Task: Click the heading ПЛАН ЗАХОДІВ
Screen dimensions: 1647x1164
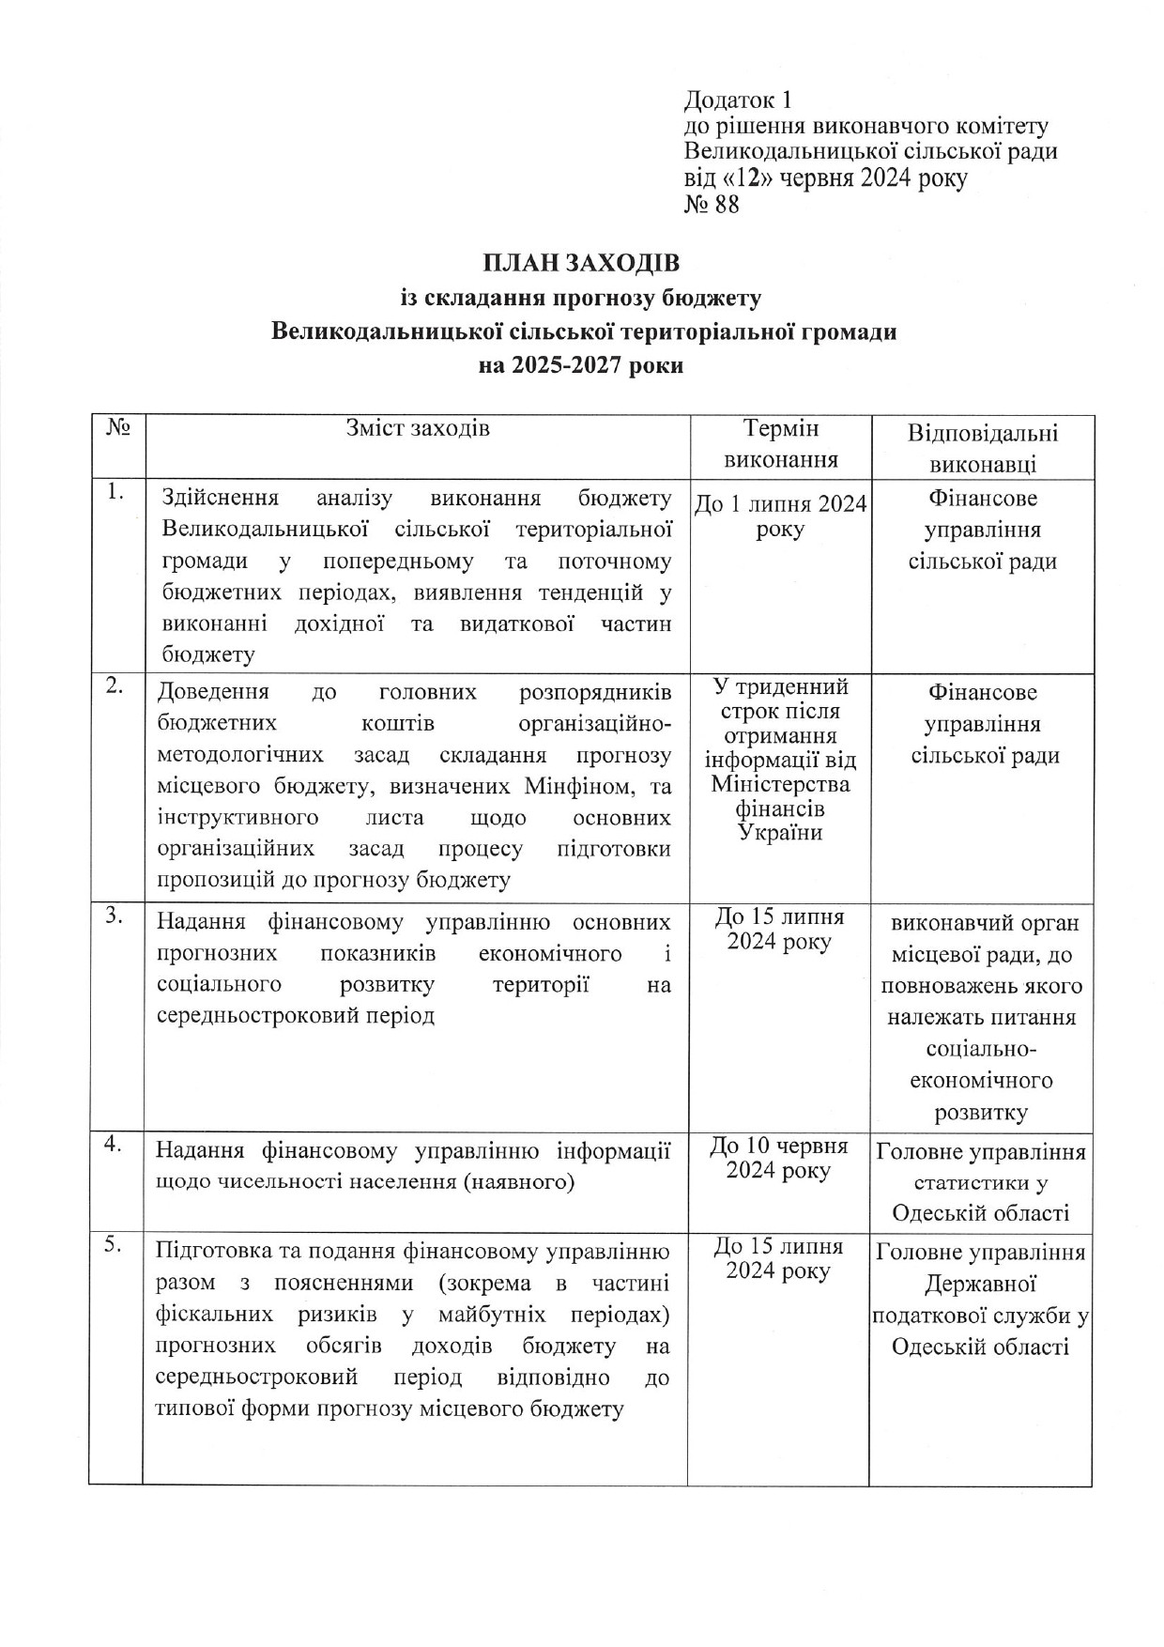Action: pos(581,264)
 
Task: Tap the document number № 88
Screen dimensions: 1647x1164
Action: pos(712,204)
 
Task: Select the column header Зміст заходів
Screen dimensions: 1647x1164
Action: pos(418,429)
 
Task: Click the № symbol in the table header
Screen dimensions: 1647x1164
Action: pos(117,427)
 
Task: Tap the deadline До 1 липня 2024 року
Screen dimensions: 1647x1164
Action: pos(780,516)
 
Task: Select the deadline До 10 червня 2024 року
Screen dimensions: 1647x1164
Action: pos(779,1158)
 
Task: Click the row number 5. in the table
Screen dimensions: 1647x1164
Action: pos(115,1246)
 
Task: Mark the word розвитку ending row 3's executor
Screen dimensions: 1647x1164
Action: pos(981,1113)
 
